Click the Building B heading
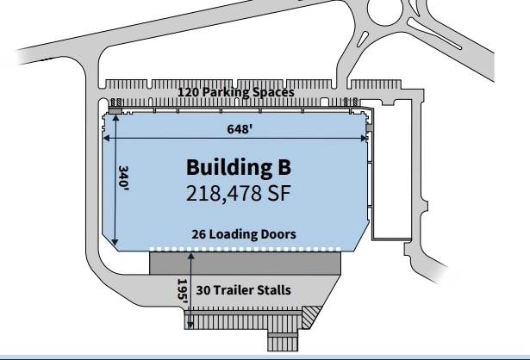(241, 166)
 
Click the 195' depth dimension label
(182, 289)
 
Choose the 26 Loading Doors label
(244, 233)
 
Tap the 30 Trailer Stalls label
(244, 289)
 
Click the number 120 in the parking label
(188, 91)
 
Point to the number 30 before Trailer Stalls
(203, 289)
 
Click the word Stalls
(274, 289)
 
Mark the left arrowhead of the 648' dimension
(105, 136)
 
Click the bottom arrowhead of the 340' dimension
(115, 245)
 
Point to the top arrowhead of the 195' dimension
(190, 252)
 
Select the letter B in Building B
(286, 166)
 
